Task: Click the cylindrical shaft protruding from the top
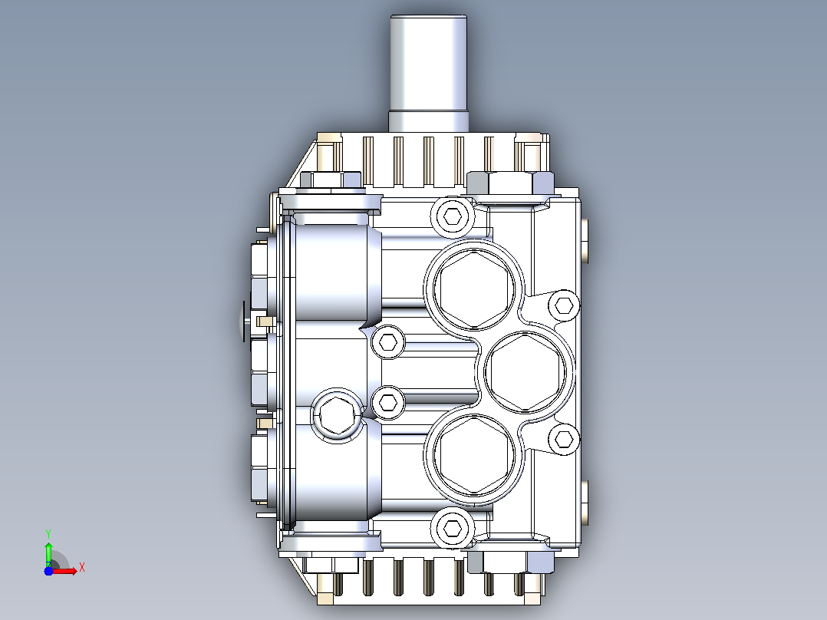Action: pyautogui.click(x=428, y=73)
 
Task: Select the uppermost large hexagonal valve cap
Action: pyautogui.click(x=473, y=289)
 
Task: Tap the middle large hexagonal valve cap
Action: pyautogui.click(x=524, y=371)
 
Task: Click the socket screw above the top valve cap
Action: pyautogui.click(x=453, y=216)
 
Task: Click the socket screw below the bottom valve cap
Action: pyautogui.click(x=453, y=528)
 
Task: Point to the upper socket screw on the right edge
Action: pyautogui.click(x=565, y=305)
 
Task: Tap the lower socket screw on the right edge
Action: pyautogui.click(x=565, y=439)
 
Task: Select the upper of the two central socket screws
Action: pyautogui.click(x=388, y=342)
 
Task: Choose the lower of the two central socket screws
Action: pyautogui.click(x=388, y=403)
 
